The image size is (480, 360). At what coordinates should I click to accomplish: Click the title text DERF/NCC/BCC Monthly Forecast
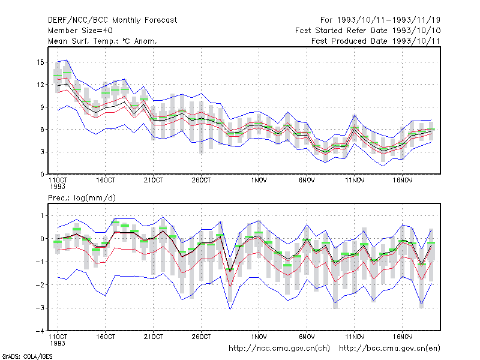tap(112, 20)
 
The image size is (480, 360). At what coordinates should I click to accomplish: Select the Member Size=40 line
tap(80, 31)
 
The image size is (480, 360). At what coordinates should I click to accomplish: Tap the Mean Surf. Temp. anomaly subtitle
tap(103, 41)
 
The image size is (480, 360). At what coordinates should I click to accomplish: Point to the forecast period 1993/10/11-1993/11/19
tap(380, 20)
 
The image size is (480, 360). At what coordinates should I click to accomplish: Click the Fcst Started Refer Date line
tap(368, 31)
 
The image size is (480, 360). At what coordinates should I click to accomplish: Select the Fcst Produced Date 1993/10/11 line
tap(376, 41)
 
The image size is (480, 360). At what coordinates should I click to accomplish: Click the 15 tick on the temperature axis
tap(40, 62)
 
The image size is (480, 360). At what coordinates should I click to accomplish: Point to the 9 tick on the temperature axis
tap(42, 107)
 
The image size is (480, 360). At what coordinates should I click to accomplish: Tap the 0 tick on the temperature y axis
tap(42, 175)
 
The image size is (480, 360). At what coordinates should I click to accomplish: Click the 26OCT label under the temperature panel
tap(201, 181)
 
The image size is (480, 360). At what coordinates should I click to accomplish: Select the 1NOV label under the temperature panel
tap(259, 181)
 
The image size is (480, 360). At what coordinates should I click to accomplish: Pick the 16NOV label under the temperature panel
tap(403, 181)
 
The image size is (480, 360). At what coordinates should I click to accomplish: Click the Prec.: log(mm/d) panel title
tap(82, 198)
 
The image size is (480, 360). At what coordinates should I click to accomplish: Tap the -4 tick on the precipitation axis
tap(40, 331)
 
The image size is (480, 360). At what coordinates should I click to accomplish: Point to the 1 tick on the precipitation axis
tap(43, 216)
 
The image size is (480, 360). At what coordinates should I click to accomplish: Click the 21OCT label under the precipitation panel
tap(154, 337)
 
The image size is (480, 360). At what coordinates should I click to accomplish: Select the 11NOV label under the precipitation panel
tap(355, 337)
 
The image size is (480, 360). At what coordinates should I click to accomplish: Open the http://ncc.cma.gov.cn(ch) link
tap(279, 349)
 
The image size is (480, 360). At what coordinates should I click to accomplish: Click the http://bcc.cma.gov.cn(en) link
tap(389, 349)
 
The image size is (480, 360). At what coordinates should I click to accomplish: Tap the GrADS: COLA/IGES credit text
tap(27, 356)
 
